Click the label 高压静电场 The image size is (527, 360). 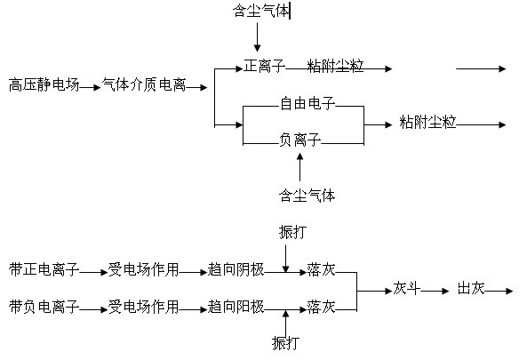click(44, 84)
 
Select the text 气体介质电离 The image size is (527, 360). click(144, 84)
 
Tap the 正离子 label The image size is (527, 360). click(265, 66)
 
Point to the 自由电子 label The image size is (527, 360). click(307, 103)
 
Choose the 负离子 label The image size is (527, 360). click(300, 140)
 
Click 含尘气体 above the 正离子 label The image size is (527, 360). click(261, 11)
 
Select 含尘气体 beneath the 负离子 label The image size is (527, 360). click(307, 195)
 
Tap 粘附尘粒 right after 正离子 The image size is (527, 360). click(335, 66)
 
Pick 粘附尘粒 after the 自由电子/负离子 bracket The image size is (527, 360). click(427, 122)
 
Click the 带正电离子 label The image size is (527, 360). click(44, 269)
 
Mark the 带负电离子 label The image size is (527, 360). click(44, 307)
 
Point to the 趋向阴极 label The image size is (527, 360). click(236, 269)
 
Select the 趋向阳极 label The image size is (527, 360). click(236, 307)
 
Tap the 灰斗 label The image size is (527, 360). click(407, 288)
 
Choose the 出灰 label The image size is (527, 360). click(471, 288)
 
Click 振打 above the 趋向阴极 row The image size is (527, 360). click(292, 232)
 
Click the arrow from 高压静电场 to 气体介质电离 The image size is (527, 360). click(90, 87)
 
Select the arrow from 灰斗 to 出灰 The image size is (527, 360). click(435, 291)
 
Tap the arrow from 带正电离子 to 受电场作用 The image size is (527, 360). click(93, 273)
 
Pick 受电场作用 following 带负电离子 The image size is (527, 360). click(143, 307)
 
